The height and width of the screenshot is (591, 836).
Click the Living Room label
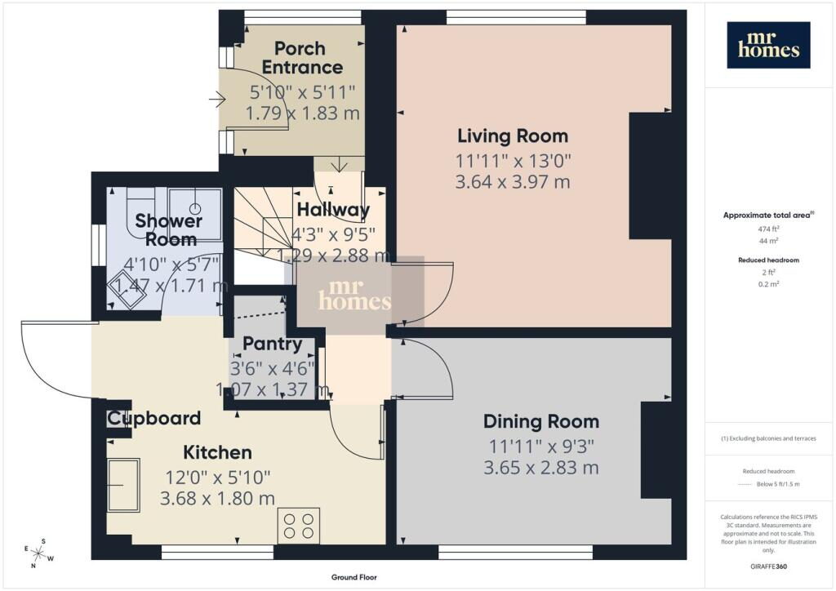[513, 136]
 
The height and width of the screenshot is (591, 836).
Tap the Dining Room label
[541, 421]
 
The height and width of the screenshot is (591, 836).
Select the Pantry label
[273, 344]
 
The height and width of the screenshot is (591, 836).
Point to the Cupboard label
[154, 418]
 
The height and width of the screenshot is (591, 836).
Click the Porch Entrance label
[302, 58]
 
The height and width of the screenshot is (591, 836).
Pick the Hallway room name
[333, 210]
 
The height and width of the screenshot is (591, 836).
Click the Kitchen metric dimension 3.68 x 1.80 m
[217, 498]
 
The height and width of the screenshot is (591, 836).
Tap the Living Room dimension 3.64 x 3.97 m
[513, 182]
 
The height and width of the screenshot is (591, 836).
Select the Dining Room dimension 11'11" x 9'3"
[541, 446]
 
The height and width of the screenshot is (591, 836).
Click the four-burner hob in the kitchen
[299, 526]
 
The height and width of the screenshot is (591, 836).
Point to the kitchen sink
[124, 485]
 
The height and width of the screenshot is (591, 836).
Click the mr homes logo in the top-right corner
[768, 45]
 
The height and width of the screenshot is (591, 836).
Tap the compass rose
[39, 553]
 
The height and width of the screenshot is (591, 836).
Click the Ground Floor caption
[354, 577]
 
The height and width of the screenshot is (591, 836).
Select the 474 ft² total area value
[768, 229]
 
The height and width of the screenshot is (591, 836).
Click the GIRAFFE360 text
[768, 567]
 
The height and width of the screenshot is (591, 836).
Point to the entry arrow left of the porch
[217, 99]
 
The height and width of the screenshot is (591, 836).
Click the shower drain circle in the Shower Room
[196, 208]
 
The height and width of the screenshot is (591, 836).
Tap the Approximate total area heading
[768, 216]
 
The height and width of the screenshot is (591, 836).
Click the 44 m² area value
[768, 241]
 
